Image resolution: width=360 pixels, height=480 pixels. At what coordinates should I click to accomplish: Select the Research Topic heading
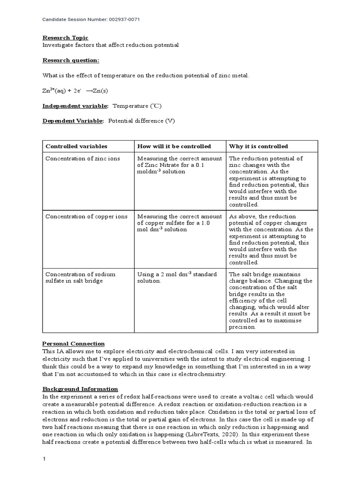(65, 37)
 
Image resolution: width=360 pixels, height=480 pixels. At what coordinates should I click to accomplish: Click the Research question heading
(71, 60)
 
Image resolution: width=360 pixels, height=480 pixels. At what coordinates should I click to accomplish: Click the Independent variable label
(75, 106)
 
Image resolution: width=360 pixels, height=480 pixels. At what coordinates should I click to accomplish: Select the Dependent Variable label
(73, 121)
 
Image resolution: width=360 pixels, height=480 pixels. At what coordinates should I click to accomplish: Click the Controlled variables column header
(76, 146)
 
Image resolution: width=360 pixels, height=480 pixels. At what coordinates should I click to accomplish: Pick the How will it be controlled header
(174, 146)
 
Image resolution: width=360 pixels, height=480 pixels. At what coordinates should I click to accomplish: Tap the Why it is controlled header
(258, 146)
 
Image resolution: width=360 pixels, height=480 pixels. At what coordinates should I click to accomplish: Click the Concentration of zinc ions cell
(82, 158)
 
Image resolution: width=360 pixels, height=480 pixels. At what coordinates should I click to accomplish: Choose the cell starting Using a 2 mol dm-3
(177, 277)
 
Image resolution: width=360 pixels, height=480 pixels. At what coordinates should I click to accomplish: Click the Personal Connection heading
(74, 344)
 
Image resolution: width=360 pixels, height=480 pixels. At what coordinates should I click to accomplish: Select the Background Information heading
(80, 389)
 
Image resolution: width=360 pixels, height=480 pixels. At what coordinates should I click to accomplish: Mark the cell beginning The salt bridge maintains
(270, 300)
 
